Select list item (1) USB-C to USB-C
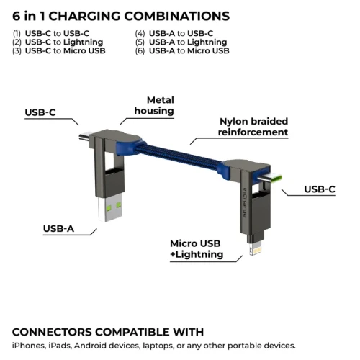coord(51,33)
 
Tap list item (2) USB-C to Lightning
coord(55,42)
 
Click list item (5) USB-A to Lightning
coord(178,42)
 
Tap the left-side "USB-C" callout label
coord(40,112)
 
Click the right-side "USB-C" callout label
coord(319,189)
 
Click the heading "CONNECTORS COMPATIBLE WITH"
coord(108,332)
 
